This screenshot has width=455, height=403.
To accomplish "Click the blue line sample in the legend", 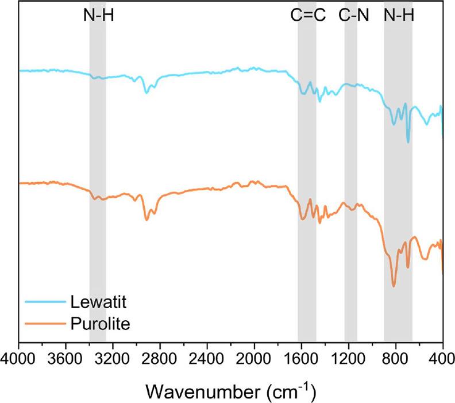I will (45, 302).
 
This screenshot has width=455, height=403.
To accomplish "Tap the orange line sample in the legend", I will (45, 324).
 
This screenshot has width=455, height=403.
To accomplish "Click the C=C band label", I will (308, 16).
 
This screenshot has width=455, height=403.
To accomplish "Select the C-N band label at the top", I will (352, 16).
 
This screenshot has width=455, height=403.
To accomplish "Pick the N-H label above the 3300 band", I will (98, 16).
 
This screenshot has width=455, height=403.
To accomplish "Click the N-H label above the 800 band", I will (399, 16).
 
